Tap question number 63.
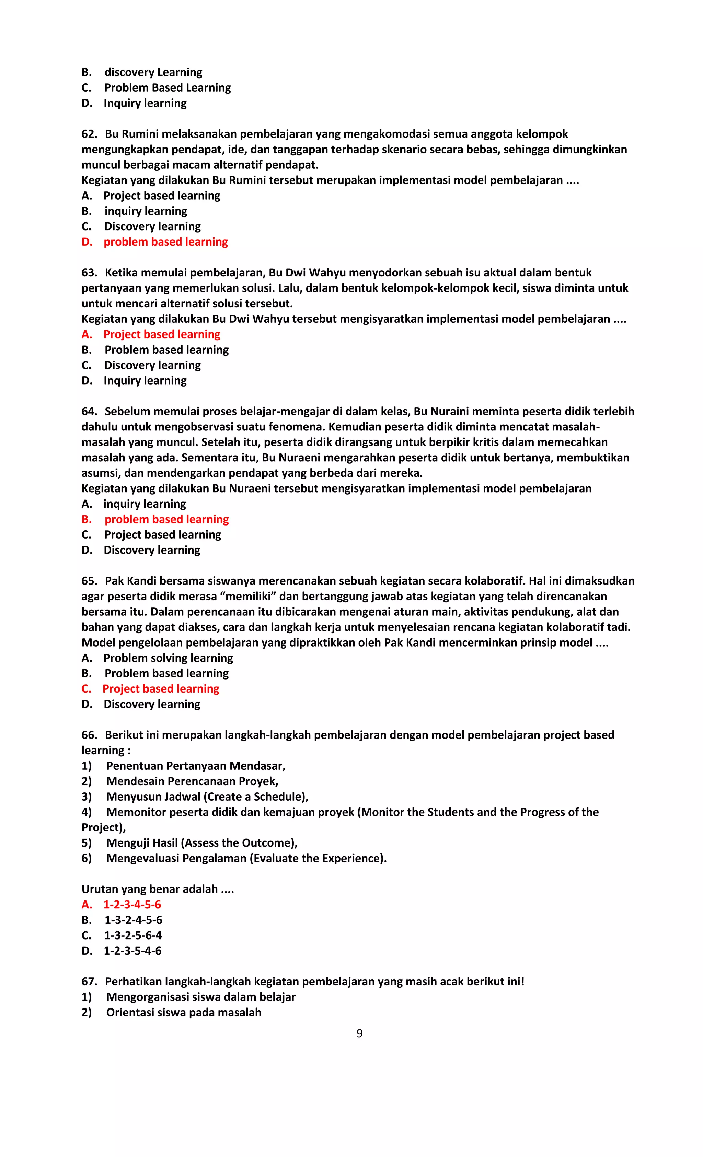click(x=89, y=272)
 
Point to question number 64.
click(x=89, y=411)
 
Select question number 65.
click(x=89, y=581)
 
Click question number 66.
click(x=89, y=735)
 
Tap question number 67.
click(x=89, y=981)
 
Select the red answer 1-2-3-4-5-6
click(x=132, y=905)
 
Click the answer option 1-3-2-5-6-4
click(x=133, y=935)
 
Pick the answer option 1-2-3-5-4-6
click(x=132, y=951)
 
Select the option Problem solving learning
click(x=168, y=658)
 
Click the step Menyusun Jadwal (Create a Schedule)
click(x=207, y=797)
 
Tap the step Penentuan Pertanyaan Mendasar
click(x=195, y=766)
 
